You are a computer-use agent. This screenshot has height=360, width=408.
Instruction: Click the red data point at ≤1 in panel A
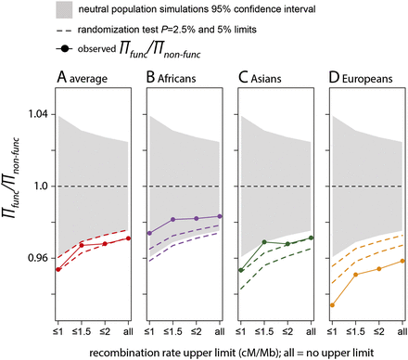click(x=58, y=269)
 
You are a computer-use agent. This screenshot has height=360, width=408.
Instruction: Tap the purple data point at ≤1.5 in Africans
click(x=173, y=220)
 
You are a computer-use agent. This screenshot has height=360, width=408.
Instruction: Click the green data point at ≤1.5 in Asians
click(x=264, y=242)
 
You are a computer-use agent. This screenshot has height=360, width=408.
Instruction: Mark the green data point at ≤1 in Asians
click(x=241, y=270)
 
